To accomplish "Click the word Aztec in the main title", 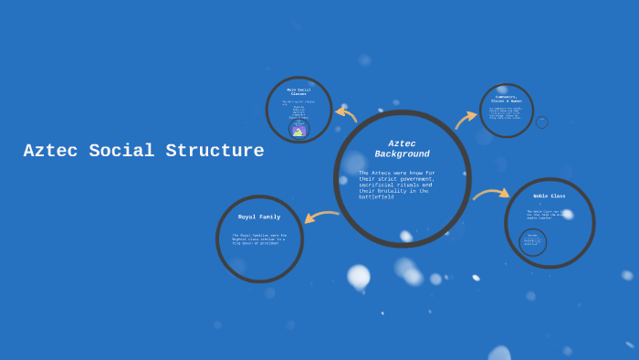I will (x=50, y=152).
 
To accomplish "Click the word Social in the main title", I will (x=122, y=152).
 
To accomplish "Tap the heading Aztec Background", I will (x=402, y=149).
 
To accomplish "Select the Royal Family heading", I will (x=259, y=217).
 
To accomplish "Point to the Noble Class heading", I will (x=550, y=196).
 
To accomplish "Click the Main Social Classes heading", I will (x=299, y=92).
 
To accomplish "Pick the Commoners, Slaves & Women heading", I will (x=507, y=99).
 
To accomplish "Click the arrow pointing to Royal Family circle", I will (x=320, y=217).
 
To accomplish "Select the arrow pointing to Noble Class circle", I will (x=491, y=193).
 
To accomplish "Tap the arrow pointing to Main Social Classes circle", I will (x=346, y=114).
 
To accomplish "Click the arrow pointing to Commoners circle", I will (x=466, y=119).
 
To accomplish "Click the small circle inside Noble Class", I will (x=533, y=242).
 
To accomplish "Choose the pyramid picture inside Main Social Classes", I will (x=299, y=130).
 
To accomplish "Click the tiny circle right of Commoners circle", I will (x=541, y=122).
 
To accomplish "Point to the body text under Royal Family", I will (x=259, y=238).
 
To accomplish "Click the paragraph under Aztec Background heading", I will (x=397, y=185).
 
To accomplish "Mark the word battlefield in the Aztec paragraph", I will (x=376, y=196).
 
